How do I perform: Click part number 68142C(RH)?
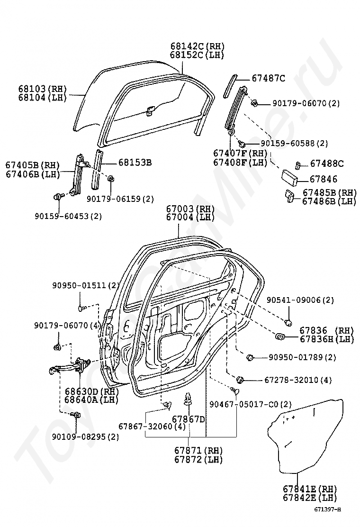pos(197,46)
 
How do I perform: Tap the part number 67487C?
pos(268,79)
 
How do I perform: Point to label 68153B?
pos(135,163)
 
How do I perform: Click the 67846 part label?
pos(323,179)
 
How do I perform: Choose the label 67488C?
pos(327,164)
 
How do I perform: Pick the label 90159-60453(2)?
pos(68,216)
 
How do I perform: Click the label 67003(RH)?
pos(190,209)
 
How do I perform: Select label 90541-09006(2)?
pos(300,300)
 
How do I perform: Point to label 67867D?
pos(188,419)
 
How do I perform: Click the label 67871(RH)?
pos(198,450)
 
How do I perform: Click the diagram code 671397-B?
pos(327,510)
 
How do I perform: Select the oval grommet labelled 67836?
pos(280,337)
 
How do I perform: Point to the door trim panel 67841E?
pos(308,436)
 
